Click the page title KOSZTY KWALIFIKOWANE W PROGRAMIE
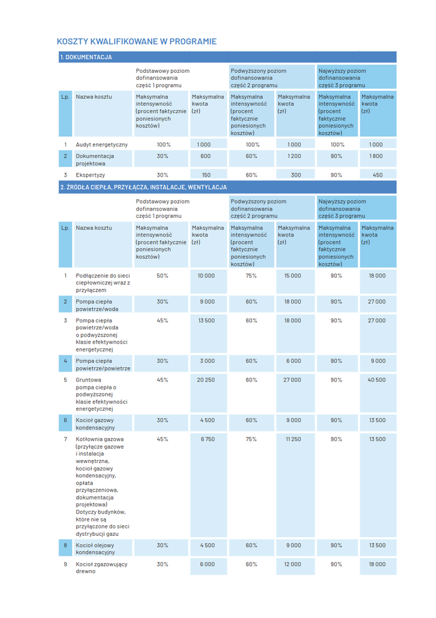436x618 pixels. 136,42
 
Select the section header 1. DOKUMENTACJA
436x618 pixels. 86,57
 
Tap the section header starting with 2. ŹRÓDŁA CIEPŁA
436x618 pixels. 143,187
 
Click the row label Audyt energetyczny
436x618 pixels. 102,144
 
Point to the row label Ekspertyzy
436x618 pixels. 91,175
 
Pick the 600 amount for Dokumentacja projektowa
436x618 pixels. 205,156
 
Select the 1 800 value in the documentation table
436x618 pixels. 376,156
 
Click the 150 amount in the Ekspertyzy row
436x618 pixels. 206,175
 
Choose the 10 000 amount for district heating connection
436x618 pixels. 206,275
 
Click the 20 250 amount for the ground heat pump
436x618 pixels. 206,380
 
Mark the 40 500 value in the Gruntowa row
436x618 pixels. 376,380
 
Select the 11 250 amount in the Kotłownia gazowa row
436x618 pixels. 293,439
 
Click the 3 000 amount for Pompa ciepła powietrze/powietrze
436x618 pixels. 206,361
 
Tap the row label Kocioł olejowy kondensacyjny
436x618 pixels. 95,548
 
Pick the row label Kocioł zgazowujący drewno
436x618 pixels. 102,568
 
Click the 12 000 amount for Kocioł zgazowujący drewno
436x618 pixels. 293,564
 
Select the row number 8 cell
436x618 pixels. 65,545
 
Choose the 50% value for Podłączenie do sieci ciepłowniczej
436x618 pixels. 163,275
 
